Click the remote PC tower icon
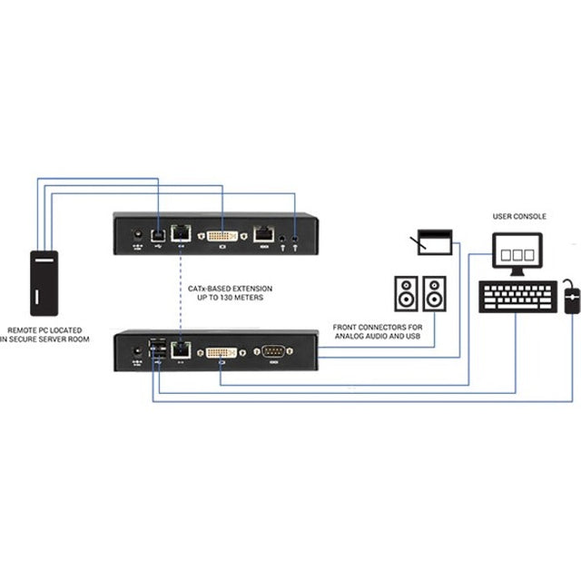[x=44, y=282]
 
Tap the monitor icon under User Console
[x=517, y=251]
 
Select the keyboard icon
[x=517, y=296]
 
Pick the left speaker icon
[x=406, y=293]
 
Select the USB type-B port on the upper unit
[x=158, y=234]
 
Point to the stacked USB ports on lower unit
[x=158, y=350]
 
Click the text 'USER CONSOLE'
[x=519, y=217]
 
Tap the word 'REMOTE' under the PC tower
[x=24, y=330]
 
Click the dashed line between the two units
[x=180, y=290]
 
